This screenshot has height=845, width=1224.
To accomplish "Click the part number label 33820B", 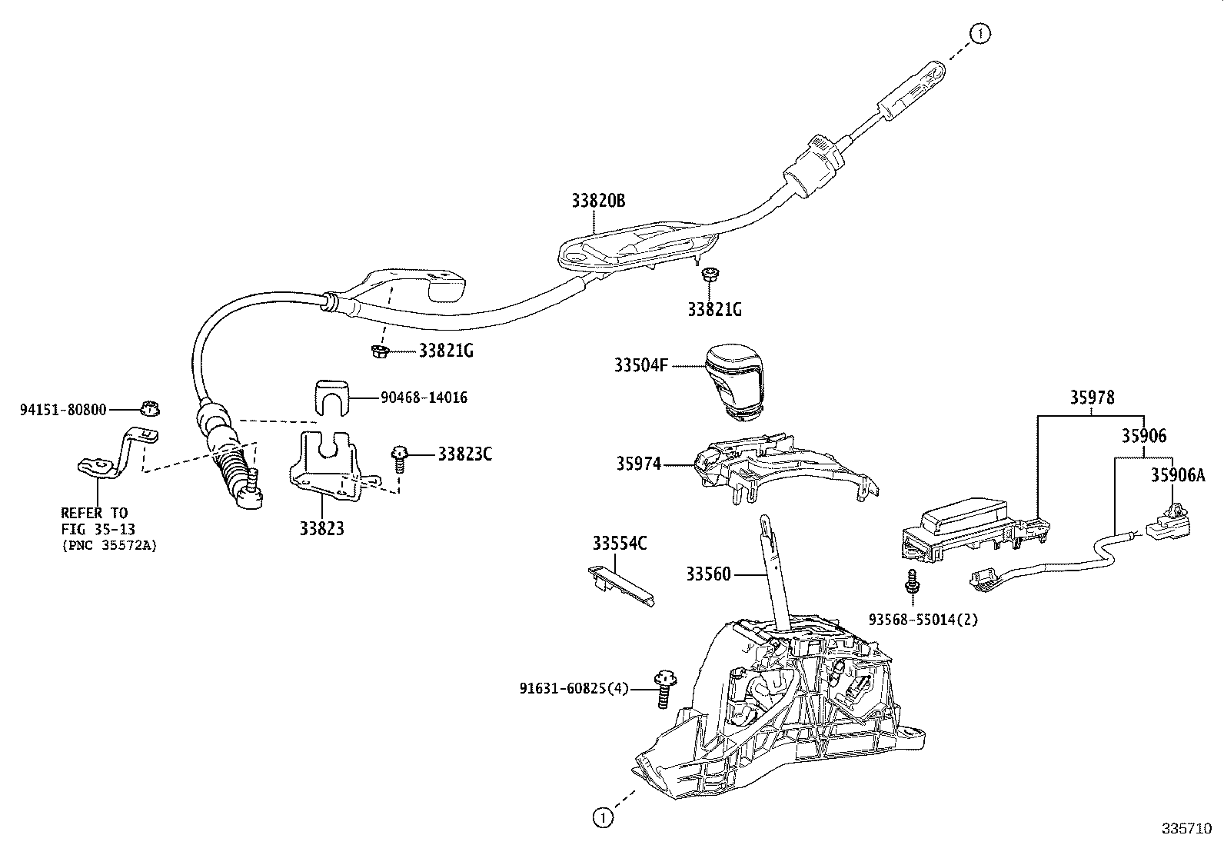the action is (x=598, y=201).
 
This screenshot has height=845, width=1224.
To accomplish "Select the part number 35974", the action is (x=638, y=464).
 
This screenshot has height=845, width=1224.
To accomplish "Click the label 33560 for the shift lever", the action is (x=708, y=574).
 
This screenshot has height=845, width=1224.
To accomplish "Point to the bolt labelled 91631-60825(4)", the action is (x=665, y=689).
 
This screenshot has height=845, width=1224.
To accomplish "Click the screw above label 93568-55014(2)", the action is (x=912, y=581).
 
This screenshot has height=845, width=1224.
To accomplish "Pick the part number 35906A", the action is (x=1178, y=475).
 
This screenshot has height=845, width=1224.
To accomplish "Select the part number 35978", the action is (x=1092, y=398).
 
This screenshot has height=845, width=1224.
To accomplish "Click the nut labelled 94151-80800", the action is (x=150, y=408).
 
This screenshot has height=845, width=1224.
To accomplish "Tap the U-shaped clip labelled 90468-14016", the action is (x=331, y=398).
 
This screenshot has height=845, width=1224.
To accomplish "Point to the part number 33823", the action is (x=322, y=528).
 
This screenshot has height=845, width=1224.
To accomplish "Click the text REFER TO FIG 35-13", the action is (x=98, y=521).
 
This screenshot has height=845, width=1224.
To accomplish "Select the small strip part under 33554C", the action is (x=620, y=586).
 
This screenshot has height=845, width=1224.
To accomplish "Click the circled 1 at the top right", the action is (x=980, y=34).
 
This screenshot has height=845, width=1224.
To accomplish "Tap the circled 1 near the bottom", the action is (x=603, y=817).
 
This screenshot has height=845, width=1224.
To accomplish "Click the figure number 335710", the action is (x=1186, y=829).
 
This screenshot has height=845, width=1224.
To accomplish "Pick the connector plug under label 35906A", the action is (x=1169, y=522).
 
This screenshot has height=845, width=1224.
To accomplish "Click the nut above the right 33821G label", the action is (x=710, y=274).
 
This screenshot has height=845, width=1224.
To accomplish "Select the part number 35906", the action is (x=1144, y=436).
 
